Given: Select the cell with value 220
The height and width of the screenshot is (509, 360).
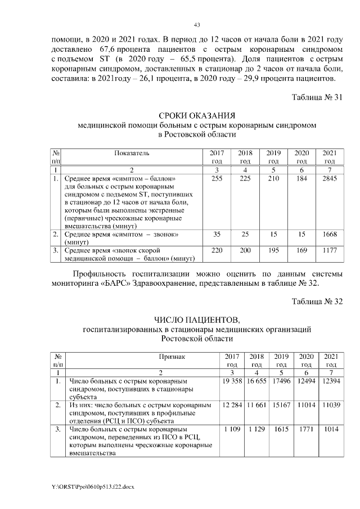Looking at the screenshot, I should pyautogui.click(x=217, y=251).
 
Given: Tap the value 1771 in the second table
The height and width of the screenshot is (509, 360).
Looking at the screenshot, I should pyautogui.click(x=306, y=430).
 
